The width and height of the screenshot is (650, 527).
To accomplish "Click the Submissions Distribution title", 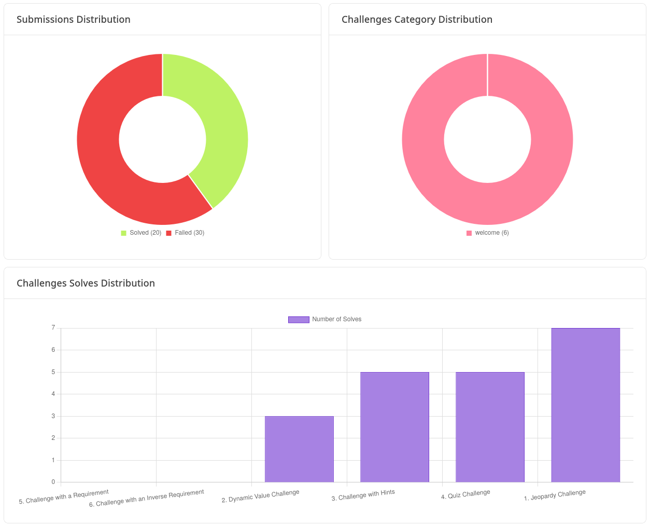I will point(73,20).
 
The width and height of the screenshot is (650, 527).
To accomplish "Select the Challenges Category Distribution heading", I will point(417,20).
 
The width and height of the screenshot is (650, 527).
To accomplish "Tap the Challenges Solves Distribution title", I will point(86,283).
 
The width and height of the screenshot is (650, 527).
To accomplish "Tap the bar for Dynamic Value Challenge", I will point(299,449).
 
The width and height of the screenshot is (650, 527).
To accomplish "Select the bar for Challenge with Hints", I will point(394,427).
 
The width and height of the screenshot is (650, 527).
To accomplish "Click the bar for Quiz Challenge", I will point(490,427).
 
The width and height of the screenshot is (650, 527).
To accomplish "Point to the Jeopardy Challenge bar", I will point(585,405).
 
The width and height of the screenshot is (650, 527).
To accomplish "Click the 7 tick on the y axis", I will point(53,328).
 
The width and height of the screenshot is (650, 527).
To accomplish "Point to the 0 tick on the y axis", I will point(53,482).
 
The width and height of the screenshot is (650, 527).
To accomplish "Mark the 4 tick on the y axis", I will point(53,394).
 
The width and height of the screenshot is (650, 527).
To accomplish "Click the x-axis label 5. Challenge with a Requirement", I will point(64,497).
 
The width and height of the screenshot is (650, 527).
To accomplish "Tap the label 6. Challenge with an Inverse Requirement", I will point(146,498).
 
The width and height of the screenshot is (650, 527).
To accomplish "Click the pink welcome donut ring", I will point(425,139).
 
